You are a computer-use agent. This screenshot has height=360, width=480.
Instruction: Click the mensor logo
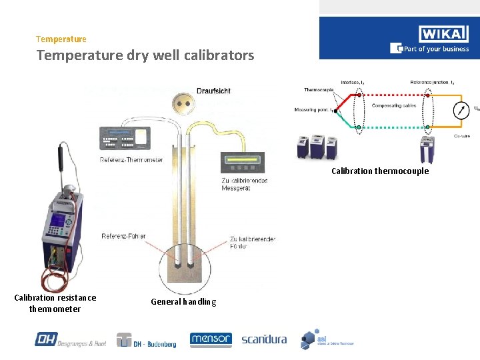tap(211, 339)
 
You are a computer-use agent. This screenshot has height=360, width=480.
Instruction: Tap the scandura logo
tap(264, 339)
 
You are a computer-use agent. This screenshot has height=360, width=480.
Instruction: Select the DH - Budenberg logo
tap(147, 339)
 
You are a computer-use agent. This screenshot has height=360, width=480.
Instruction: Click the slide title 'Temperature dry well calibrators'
tap(145, 55)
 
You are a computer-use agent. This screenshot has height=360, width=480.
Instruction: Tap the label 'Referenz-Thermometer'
tap(131, 160)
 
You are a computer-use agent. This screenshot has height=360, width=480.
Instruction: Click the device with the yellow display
tap(242, 163)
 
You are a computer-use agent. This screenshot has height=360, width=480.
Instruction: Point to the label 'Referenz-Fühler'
tap(123, 236)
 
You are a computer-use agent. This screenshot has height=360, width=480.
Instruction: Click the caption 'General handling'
tap(183, 302)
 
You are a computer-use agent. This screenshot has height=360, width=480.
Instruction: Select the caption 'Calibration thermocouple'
tap(380, 171)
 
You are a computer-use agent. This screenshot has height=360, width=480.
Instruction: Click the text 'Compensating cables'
tap(394, 105)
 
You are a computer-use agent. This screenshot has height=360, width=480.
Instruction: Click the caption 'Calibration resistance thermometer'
tap(55, 303)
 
